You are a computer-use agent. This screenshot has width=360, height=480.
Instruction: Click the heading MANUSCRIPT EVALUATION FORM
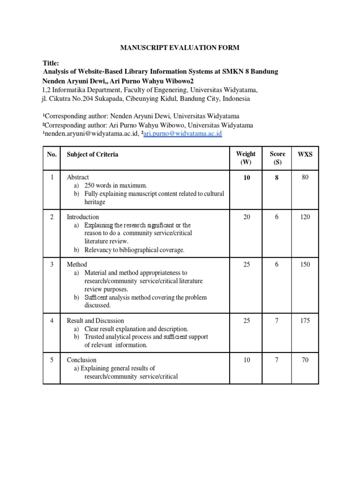180,47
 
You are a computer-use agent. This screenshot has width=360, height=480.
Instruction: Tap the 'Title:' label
51,63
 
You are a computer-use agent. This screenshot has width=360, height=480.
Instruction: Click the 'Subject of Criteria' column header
92,154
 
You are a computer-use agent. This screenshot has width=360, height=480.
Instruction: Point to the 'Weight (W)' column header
246,158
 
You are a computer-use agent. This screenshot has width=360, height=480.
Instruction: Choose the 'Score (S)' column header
277,158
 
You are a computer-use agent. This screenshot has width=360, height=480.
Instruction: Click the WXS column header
305,154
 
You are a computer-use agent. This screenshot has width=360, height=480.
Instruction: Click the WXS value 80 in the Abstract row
305,177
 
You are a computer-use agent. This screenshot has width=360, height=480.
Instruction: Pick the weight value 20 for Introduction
246,217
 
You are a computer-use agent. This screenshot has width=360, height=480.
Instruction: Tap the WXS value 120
305,217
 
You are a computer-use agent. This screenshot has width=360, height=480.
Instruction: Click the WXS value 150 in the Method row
305,264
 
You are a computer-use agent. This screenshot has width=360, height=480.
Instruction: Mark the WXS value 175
305,321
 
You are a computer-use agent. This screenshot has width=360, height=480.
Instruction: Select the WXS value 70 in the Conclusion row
305,360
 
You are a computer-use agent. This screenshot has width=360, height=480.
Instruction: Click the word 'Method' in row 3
77,264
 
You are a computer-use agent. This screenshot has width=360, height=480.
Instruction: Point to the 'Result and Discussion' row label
95,321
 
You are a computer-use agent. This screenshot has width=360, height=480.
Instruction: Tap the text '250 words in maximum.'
115,185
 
